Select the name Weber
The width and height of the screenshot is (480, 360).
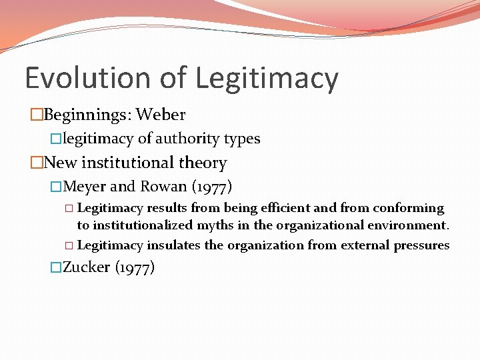pos(161,115)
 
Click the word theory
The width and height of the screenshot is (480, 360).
pos(205,163)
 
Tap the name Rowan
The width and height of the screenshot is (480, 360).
pos(163,187)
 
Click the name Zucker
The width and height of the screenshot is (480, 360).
pos(86,268)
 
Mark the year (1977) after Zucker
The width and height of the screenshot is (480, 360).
pos(135,268)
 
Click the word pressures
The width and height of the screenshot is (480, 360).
pos(421,245)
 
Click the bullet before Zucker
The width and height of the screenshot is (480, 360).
pos(56,268)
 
